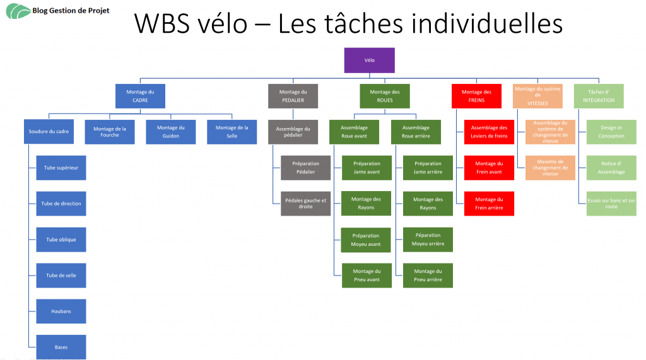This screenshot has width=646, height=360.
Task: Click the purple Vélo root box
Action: [369, 60]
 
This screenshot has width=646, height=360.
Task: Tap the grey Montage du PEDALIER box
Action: [293, 96]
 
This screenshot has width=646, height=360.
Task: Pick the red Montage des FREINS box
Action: [476, 96]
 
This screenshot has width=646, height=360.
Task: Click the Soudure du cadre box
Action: [49, 132]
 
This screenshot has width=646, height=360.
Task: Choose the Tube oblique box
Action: [61, 240]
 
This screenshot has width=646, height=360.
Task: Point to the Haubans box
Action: [61, 311]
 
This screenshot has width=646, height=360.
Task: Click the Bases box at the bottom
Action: [61, 347]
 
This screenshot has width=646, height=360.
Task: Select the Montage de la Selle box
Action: [232, 132]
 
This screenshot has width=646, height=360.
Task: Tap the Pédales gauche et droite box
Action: [305, 204]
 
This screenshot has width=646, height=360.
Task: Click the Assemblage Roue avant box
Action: [354, 132]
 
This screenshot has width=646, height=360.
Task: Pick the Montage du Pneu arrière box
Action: [428, 276]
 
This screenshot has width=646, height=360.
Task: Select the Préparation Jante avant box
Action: [367, 168]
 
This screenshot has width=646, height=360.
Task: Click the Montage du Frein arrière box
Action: [489, 204]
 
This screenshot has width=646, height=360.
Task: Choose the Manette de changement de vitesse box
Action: [550, 168]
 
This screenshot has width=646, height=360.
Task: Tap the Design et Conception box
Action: [611, 132]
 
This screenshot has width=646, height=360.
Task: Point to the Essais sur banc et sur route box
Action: [611, 204]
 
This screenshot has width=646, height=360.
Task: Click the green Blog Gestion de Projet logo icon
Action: [18, 11]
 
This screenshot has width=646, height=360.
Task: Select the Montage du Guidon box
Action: [170, 132]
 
